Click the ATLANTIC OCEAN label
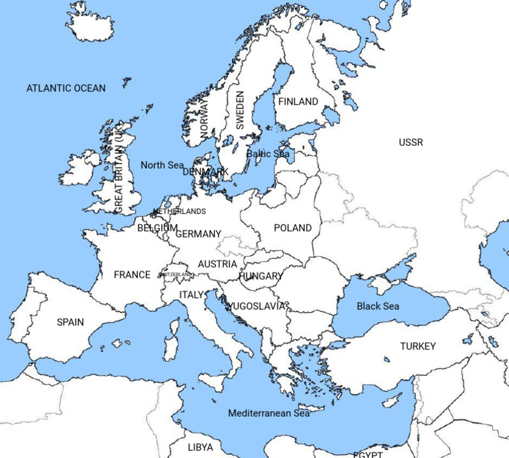point(66,88)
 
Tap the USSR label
point(411,143)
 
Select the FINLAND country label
point(298,101)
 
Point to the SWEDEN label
point(240,110)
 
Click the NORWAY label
point(203,119)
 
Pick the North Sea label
point(162,165)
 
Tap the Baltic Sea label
point(268,154)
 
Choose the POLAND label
point(292,228)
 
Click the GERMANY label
point(198,234)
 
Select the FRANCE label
point(132,275)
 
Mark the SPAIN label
point(70,322)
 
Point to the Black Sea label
point(378,306)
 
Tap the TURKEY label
point(418,346)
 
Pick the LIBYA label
point(200,447)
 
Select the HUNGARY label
point(261,276)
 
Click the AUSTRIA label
point(217,264)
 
